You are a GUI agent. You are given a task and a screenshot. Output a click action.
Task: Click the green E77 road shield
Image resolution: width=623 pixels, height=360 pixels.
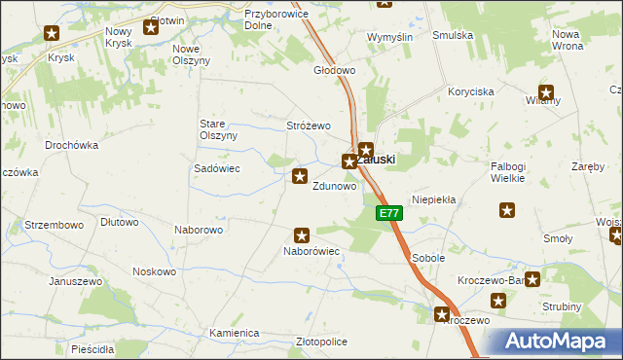pos(388,213)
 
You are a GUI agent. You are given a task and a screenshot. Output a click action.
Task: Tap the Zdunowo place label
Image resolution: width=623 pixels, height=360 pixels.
pos(333,186)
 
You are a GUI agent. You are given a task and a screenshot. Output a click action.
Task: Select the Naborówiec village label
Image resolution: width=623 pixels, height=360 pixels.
pos(311,251)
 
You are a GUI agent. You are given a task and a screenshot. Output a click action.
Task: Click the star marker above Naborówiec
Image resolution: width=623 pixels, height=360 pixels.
pos(302,234)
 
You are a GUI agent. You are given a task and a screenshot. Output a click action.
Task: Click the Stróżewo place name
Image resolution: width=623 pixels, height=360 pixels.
pos(309,126)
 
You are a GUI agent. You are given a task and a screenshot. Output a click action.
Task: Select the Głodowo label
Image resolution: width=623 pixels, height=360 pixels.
pos(334,71)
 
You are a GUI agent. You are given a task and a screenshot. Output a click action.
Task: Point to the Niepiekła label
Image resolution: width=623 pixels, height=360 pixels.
pos(434,198)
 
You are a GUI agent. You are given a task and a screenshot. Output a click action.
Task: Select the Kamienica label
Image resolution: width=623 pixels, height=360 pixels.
pos(234,333)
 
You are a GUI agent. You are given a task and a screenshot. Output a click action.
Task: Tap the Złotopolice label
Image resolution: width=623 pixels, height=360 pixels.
pos(320,342)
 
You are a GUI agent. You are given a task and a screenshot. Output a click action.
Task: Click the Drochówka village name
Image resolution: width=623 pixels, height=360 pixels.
pos(72,145)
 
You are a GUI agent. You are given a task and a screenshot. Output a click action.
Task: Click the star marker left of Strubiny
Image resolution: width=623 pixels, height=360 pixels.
pos(532,279)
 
